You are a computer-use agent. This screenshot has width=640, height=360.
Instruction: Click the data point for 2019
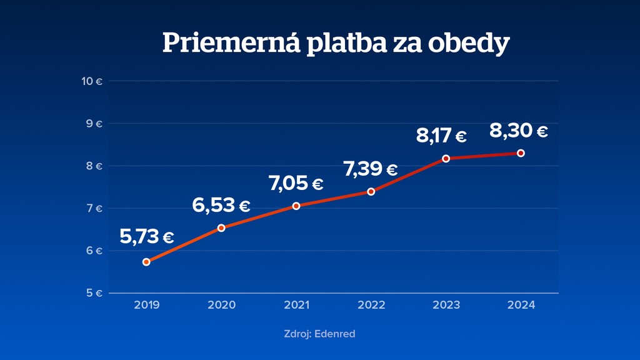click(x=146, y=262)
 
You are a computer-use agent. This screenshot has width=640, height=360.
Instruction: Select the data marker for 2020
click(x=221, y=227)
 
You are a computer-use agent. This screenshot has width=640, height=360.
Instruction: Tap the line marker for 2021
click(x=296, y=206)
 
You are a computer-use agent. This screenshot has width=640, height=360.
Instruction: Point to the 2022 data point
click(x=371, y=191)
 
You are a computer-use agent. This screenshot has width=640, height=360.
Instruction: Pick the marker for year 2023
click(x=446, y=158)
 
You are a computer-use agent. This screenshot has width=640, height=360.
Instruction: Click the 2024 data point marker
click(x=521, y=153)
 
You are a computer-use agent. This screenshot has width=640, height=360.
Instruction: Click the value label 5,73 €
click(x=147, y=237)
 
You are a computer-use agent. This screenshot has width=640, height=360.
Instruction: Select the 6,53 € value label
click(x=221, y=205)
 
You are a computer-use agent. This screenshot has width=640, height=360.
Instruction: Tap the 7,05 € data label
click(x=296, y=184)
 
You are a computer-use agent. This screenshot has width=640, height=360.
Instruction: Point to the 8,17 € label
click(x=441, y=136)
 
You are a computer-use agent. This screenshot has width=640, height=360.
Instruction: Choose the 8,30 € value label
click(x=519, y=131)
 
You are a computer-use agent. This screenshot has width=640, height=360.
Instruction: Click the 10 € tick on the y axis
click(x=92, y=81)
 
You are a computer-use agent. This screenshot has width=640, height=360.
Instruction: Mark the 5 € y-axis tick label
click(x=95, y=293)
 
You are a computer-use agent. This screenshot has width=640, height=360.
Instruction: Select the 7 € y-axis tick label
click(x=95, y=208)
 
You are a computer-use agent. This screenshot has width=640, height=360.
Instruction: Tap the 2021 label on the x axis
click(x=296, y=305)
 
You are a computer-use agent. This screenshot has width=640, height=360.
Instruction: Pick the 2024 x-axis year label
click(x=521, y=305)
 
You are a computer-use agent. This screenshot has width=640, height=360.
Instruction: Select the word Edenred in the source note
click(x=335, y=334)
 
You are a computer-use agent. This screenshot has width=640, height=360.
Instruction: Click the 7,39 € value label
click(x=371, y=169)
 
